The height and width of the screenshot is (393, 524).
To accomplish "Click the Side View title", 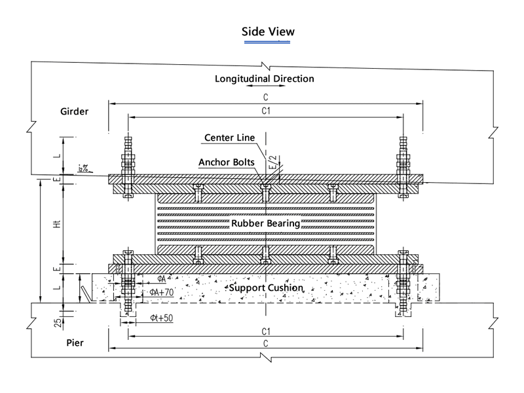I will [269, 31].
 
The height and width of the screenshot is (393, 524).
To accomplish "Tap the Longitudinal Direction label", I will [265, 79].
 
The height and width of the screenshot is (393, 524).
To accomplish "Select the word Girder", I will [70, 111].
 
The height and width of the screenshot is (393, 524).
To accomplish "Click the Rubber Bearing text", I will [265, 223].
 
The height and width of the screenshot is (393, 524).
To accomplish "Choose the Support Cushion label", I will [265, 288].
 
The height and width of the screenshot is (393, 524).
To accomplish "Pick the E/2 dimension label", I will [274, 162].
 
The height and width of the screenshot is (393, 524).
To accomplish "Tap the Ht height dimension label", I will [57, 223].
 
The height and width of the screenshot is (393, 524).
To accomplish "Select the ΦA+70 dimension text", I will [161, 292].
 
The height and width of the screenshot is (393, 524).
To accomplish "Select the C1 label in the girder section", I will [266, 111].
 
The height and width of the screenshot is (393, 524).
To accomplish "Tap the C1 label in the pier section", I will [266, 331].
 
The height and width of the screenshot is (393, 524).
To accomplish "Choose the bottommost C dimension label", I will [266, 344].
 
